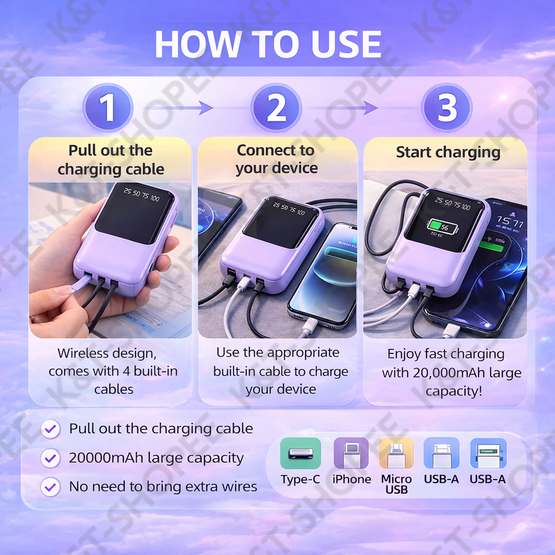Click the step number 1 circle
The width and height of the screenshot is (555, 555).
[x=108, y=107]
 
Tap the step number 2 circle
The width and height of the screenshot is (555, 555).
[x=276, y=107]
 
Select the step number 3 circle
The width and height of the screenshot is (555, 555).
[x=447, y=107]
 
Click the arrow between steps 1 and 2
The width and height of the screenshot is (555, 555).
[x=173, y=108]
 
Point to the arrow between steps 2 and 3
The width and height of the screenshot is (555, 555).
[x=340, y=108]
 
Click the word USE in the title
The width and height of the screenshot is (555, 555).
[x=346, y=44]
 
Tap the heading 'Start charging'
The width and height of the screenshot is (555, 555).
[x=448, y=152]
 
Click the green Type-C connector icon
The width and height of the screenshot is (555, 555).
[x=300, y=453]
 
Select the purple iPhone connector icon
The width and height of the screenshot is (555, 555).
[x=351, y=453]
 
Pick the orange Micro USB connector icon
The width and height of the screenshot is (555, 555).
[x=396, y=453]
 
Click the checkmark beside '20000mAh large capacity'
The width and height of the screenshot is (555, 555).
[x=50, y=458]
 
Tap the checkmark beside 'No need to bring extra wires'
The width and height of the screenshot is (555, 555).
[x=50, y=487]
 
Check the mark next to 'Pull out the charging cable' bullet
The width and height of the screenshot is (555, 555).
[x=50, y=429]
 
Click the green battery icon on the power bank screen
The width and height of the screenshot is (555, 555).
[x=442, y=227]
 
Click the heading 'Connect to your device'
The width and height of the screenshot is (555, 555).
[x=276, y=159]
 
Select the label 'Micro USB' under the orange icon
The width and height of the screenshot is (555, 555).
[x=396, y=484]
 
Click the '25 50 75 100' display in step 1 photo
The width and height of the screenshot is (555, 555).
[x=141, y=195]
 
